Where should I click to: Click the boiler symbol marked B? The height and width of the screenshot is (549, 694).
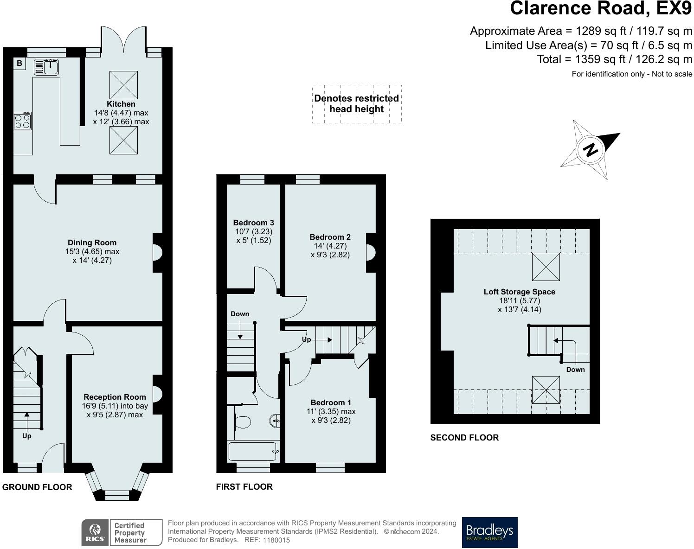coord(19,63)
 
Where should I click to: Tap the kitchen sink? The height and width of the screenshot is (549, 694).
coord(46,67)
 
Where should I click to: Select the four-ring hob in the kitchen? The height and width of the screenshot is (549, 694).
coord(22,121)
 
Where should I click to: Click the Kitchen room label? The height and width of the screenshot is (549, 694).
coord(121,104)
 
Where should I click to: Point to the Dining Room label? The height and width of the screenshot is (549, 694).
coord(92,243)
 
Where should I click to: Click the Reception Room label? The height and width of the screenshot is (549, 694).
coord(115,397)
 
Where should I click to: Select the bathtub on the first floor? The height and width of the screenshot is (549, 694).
coord(252,452)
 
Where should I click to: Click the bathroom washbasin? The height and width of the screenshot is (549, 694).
coord(275,421)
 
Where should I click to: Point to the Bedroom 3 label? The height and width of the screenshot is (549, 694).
coord(253,223)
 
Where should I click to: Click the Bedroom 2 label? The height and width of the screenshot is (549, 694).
coord(330,237)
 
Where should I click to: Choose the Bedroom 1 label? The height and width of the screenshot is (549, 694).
coord(331,402)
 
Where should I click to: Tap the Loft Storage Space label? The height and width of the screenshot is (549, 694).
coord(519,292)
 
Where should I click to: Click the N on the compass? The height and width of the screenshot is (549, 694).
coord(591,150)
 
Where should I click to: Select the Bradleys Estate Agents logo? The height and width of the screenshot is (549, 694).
coord(489,532)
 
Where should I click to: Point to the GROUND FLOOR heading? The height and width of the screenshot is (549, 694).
coord(37,487)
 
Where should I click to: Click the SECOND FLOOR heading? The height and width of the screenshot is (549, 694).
coord(464,437)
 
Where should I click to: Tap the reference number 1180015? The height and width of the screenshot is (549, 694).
coord(276,540)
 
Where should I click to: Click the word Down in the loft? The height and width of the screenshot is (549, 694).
coord(575,370)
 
